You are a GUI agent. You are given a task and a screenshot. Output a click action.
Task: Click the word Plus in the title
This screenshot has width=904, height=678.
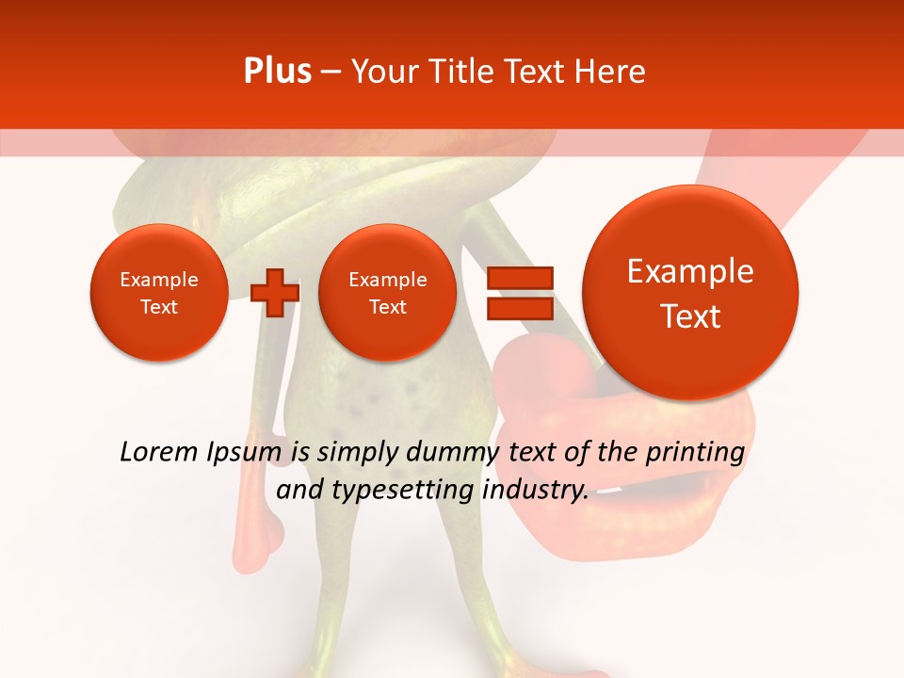coord(277,72)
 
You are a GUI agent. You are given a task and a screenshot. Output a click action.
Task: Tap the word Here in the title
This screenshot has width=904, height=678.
coord(612,72)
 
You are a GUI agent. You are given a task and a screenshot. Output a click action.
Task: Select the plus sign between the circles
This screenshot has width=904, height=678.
coord(275,293)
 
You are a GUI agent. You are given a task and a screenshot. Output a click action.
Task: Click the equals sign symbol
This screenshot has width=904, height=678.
coord(519,293)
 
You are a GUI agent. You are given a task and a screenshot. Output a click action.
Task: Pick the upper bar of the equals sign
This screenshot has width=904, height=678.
coord(519,277)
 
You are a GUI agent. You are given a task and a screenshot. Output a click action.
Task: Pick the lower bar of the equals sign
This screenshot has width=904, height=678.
coord(519,309)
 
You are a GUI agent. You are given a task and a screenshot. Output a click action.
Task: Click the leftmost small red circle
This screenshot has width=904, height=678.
coord(159,293)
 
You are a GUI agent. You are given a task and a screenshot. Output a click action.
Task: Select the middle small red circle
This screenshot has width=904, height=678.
coord(388,293)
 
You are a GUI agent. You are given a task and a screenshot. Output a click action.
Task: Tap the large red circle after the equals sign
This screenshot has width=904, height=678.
coord(691,293)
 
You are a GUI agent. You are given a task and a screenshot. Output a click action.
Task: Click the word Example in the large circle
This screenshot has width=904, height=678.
coord(691,271)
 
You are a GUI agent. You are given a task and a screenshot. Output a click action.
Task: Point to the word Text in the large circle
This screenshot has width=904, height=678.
coord(691,316)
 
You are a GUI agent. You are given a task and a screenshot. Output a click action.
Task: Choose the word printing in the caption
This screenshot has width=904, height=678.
coord(695,453)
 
